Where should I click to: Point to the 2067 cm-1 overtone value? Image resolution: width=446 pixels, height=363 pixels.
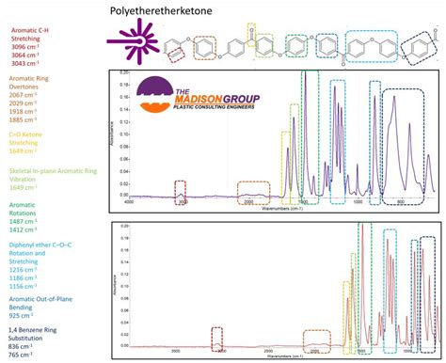(x=23, y=96)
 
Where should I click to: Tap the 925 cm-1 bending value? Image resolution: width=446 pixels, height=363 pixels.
(x=21, y=310)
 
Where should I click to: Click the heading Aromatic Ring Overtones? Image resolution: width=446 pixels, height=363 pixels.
(x=26, y=82)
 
